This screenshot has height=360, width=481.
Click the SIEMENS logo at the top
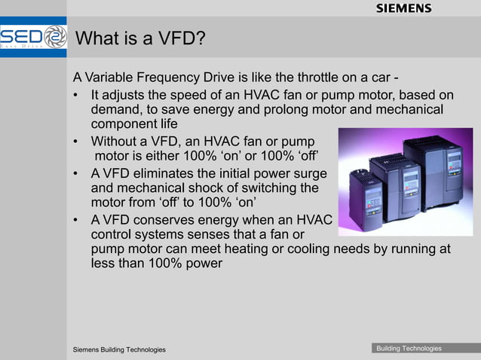pyautogui.click(x=403, y=8)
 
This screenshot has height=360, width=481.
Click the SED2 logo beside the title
pyautogui.click(x=33, y=38)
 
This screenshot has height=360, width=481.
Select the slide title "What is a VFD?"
pyautogui.click(x=142, y=38)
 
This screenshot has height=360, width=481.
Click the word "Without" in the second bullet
pyautogui.click(x=115, y=141)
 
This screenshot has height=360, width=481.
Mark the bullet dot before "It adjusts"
pyautogui.click(x=77, y=95)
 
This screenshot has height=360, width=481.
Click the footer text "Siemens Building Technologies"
pyautogui.click(x=119, y=350)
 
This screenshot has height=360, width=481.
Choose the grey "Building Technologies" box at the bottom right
pyautogui.click(x=409, y=348)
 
